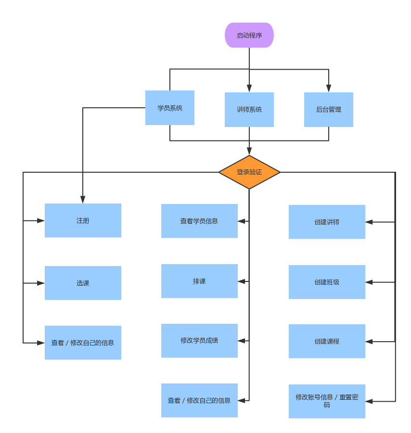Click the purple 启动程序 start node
[249, 35]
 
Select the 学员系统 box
[170, 108]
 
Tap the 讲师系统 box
[249, 110]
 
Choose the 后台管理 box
[329, 110]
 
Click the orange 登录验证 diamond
[249, 172]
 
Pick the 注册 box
[83, 220]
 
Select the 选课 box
[83, 283]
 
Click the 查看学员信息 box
[199, 221]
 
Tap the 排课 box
[199, 281]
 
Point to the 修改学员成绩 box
[199, 341]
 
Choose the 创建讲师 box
[327, 222]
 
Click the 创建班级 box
[327, 282]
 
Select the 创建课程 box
[327, 341]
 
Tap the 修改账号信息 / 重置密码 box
[327, 401]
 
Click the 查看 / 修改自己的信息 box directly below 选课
[83, 343]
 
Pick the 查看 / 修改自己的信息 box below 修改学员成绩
[199, 400]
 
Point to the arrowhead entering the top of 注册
[83, 199]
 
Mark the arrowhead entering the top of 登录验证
[249, 151]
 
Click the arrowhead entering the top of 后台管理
[329, 89]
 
